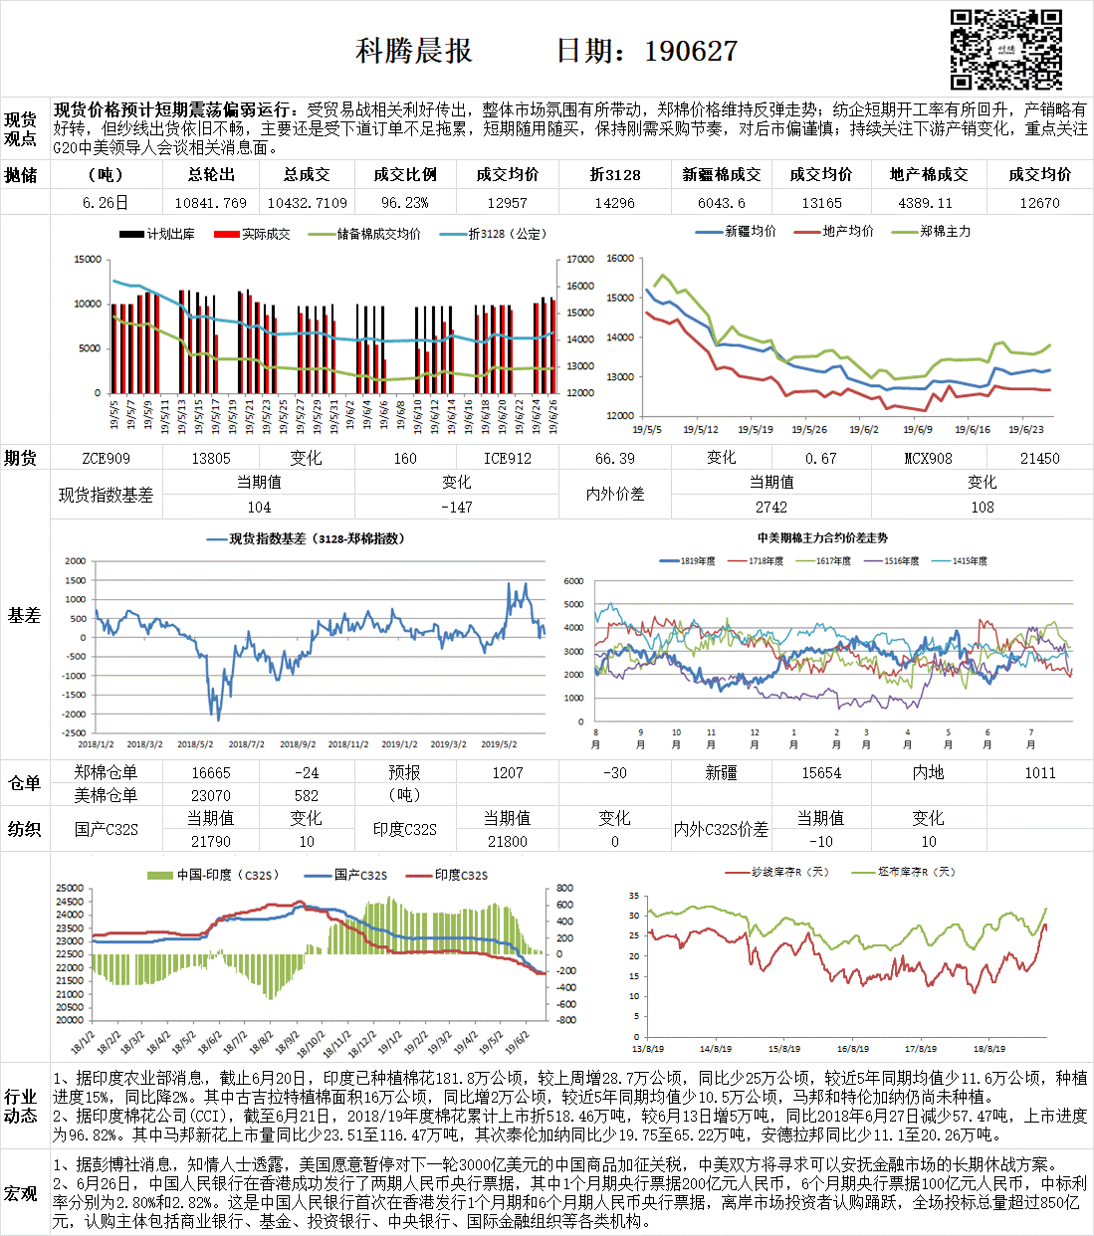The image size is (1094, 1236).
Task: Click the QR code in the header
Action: [x=1005, y=49]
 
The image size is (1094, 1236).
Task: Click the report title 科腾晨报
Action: [x=414, y=52]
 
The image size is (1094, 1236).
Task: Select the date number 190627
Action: [x=691, y=52]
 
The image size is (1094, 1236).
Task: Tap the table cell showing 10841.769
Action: [x=211, y=202]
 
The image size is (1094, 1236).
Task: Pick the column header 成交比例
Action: [x=405, y=174]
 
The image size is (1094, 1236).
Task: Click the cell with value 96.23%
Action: [x=405, y=202]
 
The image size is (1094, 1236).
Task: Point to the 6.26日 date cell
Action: [x=106, y=202]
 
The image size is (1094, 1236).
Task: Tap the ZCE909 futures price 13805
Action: [x=211, y=458]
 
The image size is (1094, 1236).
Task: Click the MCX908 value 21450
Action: [x=1039, y=458]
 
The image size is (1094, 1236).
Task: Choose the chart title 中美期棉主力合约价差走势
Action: [x=822, y=538]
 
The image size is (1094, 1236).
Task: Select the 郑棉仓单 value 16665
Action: [x=211, y=772]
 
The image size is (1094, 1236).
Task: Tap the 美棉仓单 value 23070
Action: [x=211, y=795]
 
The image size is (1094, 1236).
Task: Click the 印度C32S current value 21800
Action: [x=508, y=841]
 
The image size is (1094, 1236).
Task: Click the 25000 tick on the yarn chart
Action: [x=70, y=889]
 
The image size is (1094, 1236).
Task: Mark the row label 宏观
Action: [x=21, y=1192]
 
